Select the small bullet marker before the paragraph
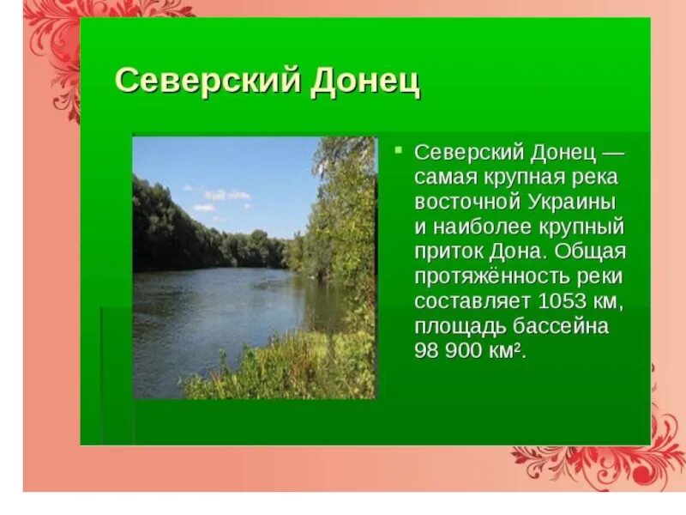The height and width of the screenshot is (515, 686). pyautogui.click(x=398, y=148)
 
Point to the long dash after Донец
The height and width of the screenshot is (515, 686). pyautogui.click(x=612, y=153)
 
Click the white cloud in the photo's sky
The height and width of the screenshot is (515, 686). pyautogui.click(x=225, y=196)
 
